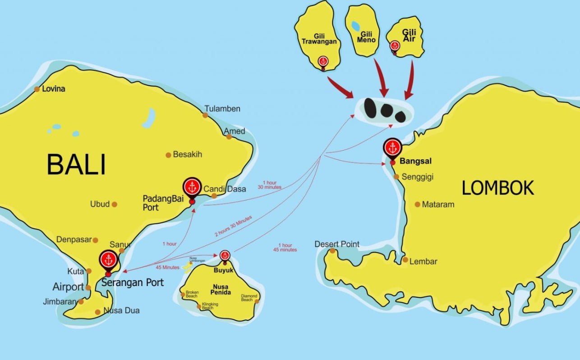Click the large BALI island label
pyautogui.click(x=76, y=165)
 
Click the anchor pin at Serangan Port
pyautogui.click(x=108, y=260)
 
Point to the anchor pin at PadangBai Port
pyautogui.click(x=193, y=187)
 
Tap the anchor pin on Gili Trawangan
pyautogui.click(x=322, y=61)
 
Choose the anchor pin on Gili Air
pyautogui.click(x=395, y=46)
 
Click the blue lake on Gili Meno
pyautogui.click(x=356, y=26)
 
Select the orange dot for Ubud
pyautogui.click(x=115, y=204)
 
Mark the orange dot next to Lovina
pyautogui.click(x=37, y=89)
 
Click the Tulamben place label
pyautogui.click(x=222, y=109)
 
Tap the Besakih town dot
pyautogui.click(x=169, y=155)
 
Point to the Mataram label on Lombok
pyautogui.click(x=438, y=204)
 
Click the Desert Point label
pyautogui.click(x=337, y=244)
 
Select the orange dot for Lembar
pyautogui.click(x=405, y=260)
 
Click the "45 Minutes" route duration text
pyautogui.click(x=167, y=268)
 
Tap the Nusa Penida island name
pyautogui.click(x=220, y=290)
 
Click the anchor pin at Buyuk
pyautogui.click(x=225, y=256)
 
